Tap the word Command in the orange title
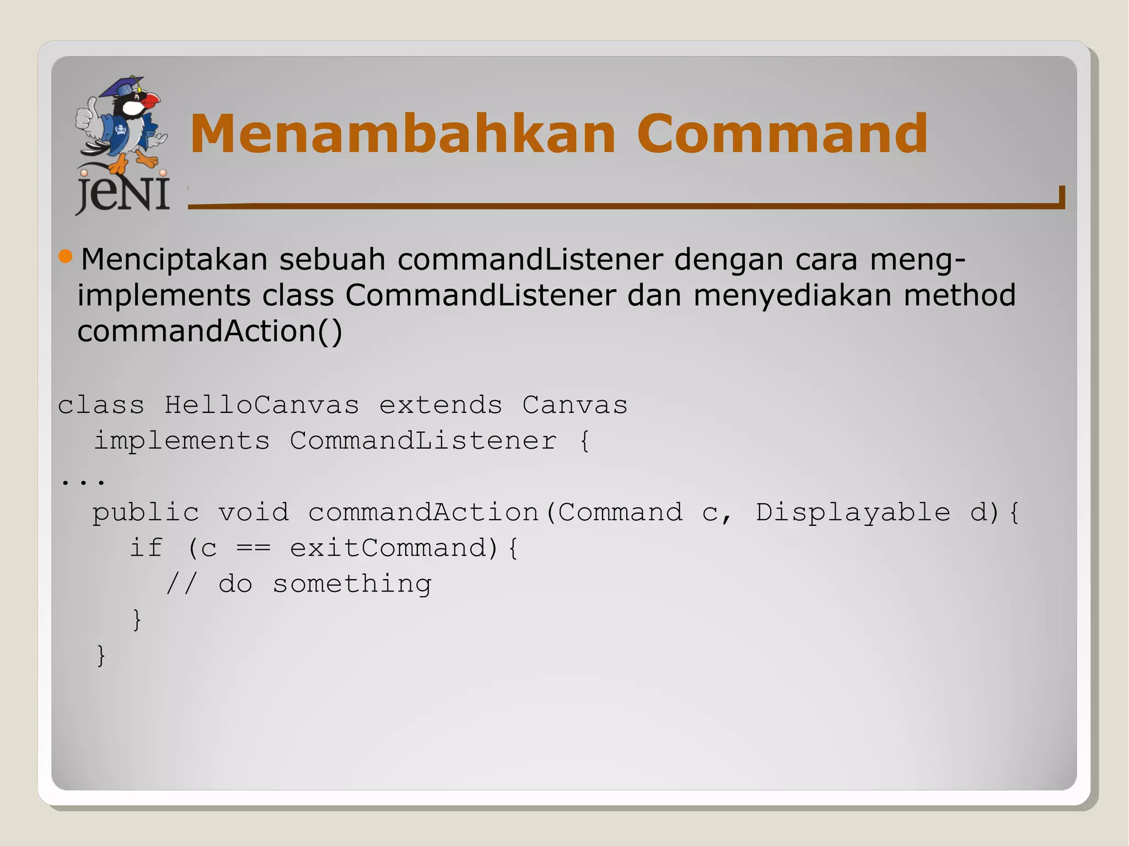[x=782, y=134]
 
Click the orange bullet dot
[x=66, y=256]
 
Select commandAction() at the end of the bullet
[x=210, y=331]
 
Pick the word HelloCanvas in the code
[x=261, y=406]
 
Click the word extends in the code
[x=440, y=406]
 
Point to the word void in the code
[x=253, y=513]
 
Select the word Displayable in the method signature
[x=852, y=513]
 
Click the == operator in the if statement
[x=253, y=548]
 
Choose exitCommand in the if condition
[x=388, y=548]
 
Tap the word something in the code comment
[x=352, y=584]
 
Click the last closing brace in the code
[x=101, y=655]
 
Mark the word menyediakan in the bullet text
[x=792, y=295]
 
